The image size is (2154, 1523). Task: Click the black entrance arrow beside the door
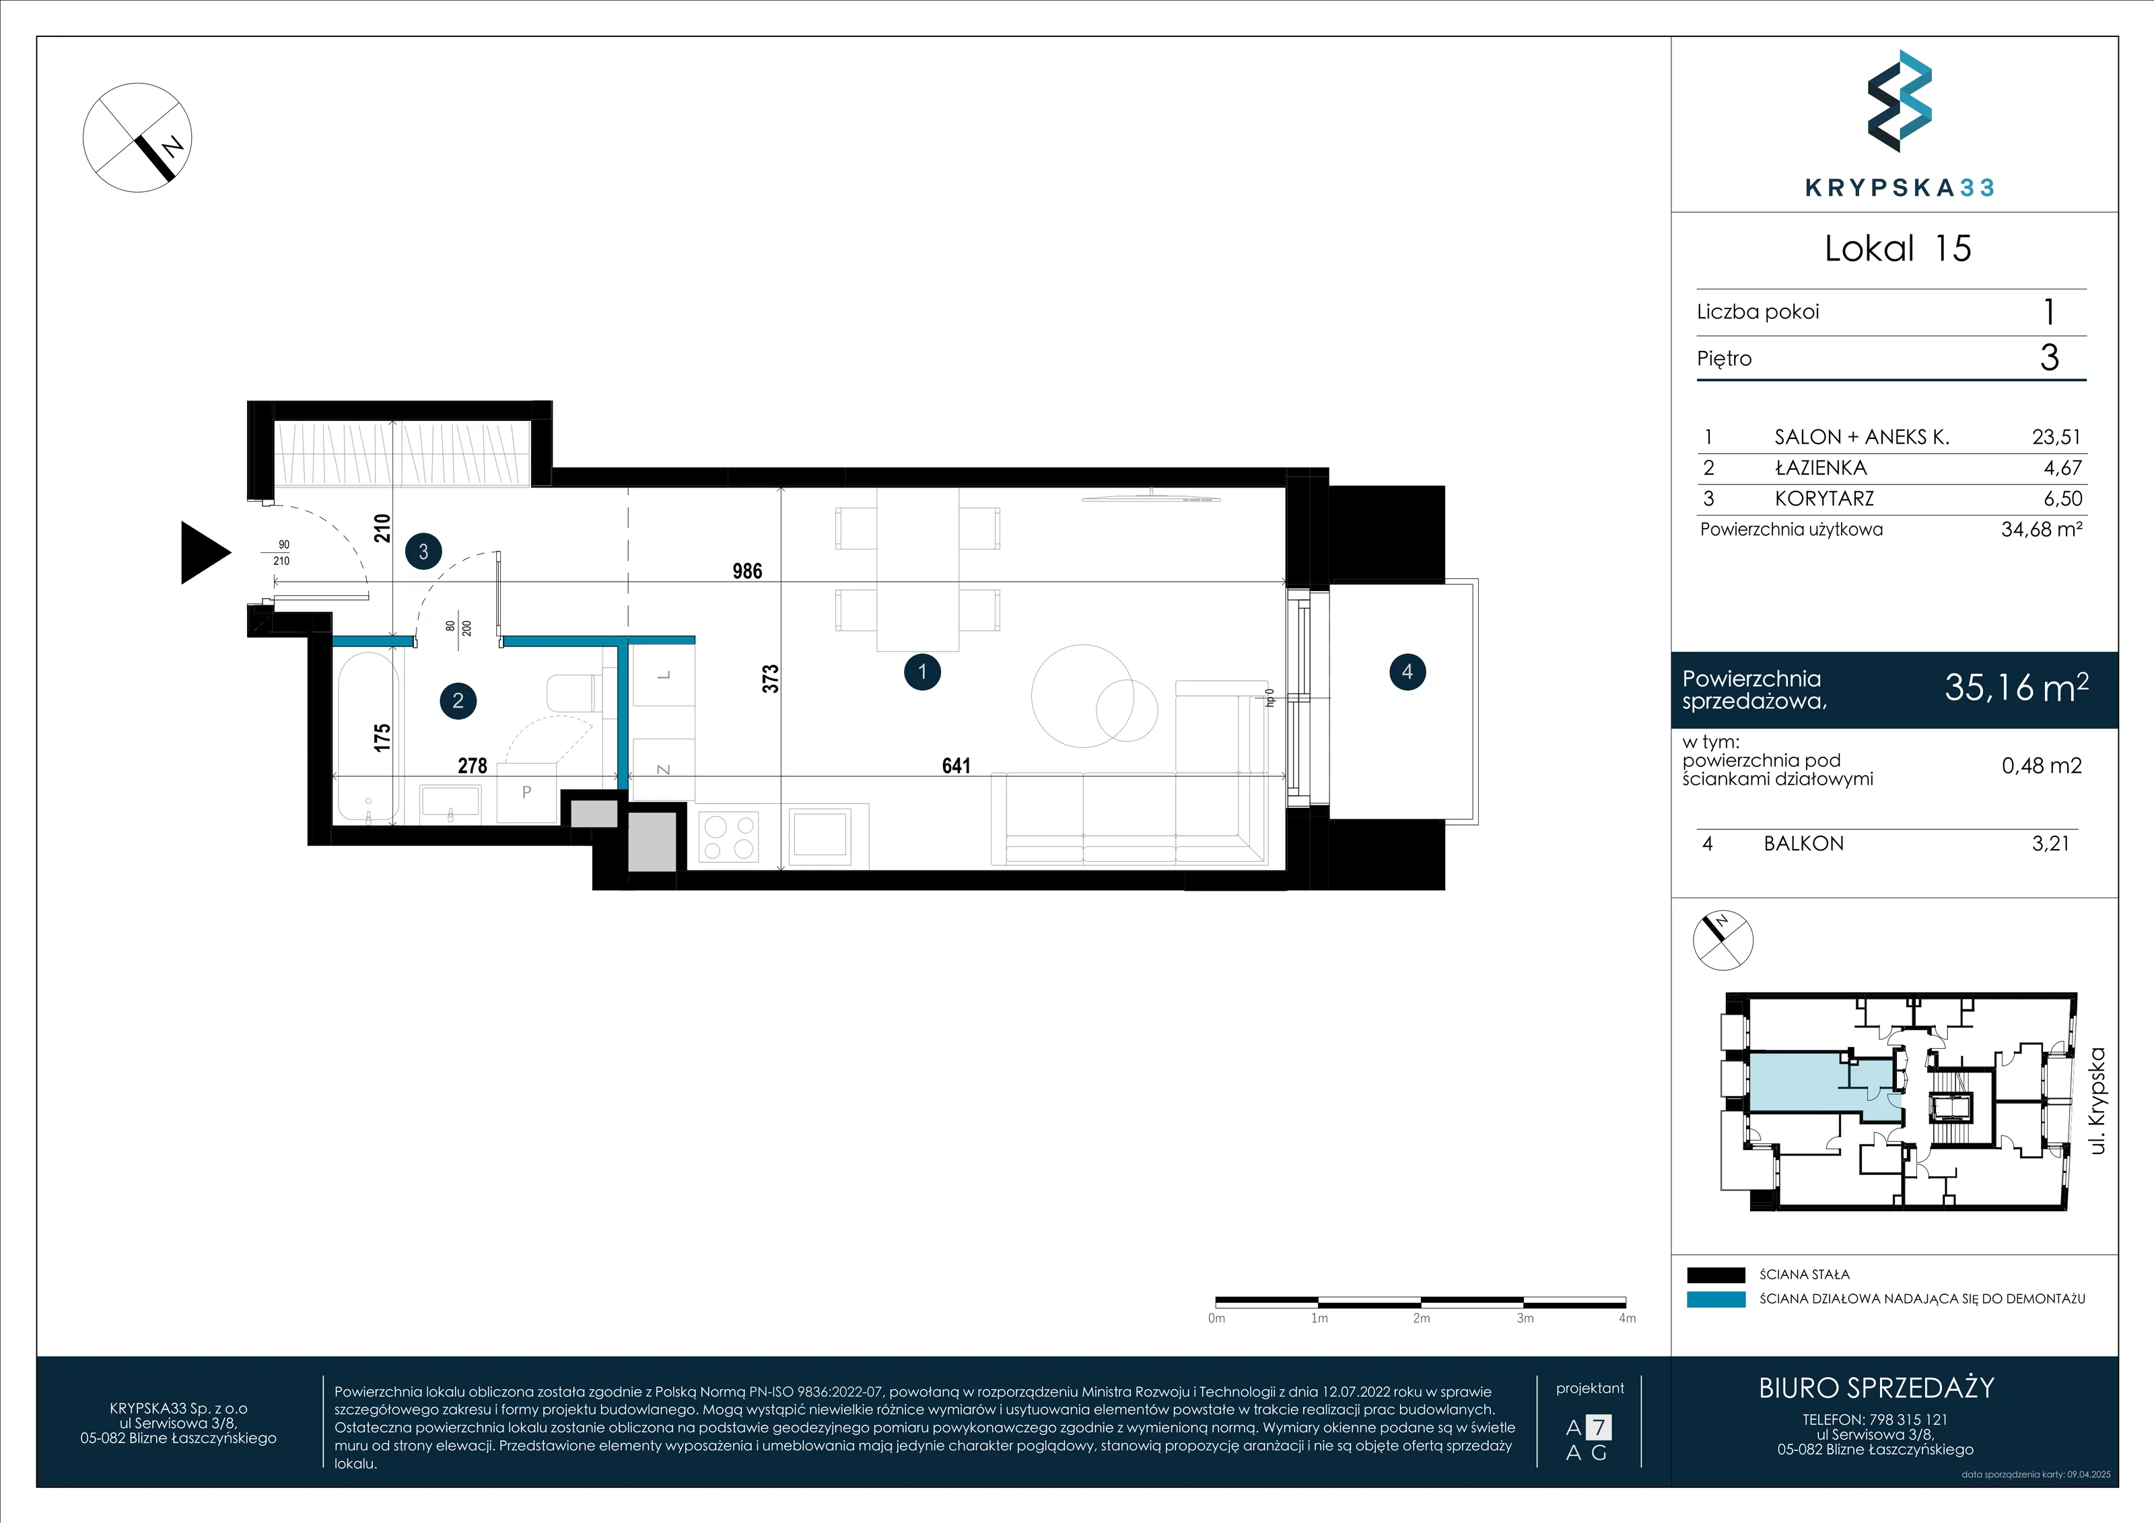click(202, 553)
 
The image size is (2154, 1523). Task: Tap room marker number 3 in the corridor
click(423, 552)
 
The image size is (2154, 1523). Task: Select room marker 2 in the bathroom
click(458, 700)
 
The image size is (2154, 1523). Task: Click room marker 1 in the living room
click(922, 672)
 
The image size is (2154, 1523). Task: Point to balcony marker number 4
click(1408, 672)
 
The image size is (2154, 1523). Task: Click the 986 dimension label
click(746, 570)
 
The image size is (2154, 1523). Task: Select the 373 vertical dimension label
click(770, 679)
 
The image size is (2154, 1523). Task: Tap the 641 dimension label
click(956, 766)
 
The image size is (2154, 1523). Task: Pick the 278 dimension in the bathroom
click(472, 766)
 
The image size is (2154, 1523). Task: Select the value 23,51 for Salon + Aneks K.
click(2056, 436)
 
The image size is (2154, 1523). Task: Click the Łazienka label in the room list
click(1821, 467)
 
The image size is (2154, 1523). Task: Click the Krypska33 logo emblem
click(1899, 102)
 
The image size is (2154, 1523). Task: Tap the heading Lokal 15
click(1898, 248)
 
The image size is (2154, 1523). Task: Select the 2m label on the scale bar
click(1421, 1318)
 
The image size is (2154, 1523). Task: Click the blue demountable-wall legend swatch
click(1716, 1299)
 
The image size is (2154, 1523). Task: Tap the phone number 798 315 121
click(1908, 1420)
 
